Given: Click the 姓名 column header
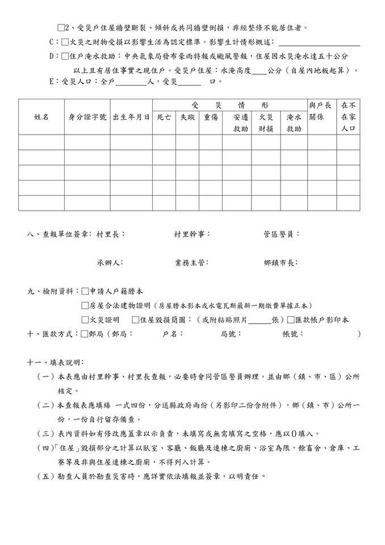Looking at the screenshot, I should tap(41, 117).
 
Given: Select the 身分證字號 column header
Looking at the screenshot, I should tap(87, 117).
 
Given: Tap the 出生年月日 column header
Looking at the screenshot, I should tap(131, 117).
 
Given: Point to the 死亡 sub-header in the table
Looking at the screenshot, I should tap(164, 117).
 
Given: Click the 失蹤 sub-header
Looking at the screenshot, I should tap(187, 117).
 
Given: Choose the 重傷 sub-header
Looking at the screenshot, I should tap(210, 117).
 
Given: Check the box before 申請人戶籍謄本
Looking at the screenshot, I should tap(85, 291).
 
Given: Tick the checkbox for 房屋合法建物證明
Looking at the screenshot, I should tap(85, 305).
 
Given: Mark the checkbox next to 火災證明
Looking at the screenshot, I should tap(85, 320).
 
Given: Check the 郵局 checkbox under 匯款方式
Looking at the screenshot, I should tap(85, 334).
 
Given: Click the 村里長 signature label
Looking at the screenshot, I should tap(111, 234).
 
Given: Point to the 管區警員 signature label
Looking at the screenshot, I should tap(282, 234).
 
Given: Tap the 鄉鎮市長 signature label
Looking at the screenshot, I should tap(281, 263).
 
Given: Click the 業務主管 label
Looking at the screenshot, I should tap(192, 263).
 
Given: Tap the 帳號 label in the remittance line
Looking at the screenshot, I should tap(293, 334).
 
